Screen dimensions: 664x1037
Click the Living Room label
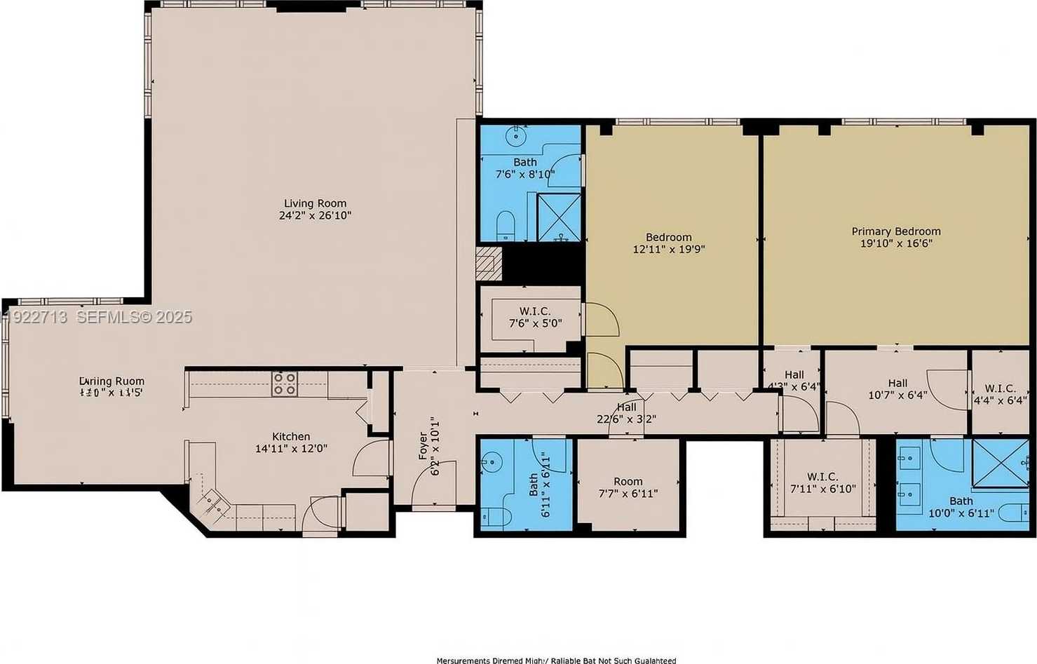(315, 203)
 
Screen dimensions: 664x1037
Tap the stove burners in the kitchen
(284, 384)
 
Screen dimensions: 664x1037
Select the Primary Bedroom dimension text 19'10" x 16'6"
(896, 244)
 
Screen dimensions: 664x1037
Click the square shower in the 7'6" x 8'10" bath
(559, 217)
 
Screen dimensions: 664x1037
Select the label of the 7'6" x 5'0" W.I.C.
(535, 311)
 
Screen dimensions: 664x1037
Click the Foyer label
(423, 447)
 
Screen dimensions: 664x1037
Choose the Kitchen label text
(291, 436)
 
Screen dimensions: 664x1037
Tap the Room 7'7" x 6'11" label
(628, 482)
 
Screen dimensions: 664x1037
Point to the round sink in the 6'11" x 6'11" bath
(491, 461)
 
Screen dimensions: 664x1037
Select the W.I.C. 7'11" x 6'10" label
(822, 477)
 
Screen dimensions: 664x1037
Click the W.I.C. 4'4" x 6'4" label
(1000, 388)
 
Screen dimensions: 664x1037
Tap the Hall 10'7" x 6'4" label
(897, 384)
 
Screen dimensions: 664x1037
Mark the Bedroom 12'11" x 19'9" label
(668, 238)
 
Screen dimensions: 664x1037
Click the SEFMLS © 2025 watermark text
(133, 317)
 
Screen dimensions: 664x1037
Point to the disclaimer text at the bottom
(556, 660)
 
